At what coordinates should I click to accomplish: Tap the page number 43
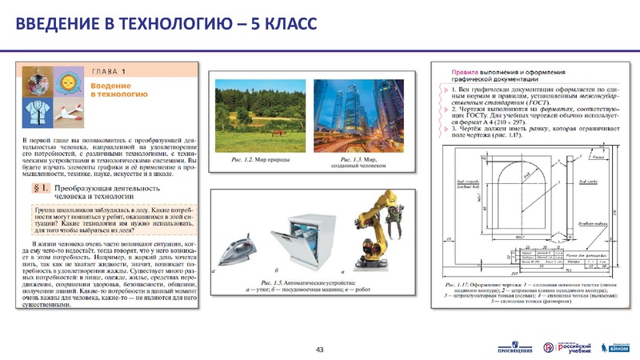tap(320, 350)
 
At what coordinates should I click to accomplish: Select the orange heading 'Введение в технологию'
tap(118, 89)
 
